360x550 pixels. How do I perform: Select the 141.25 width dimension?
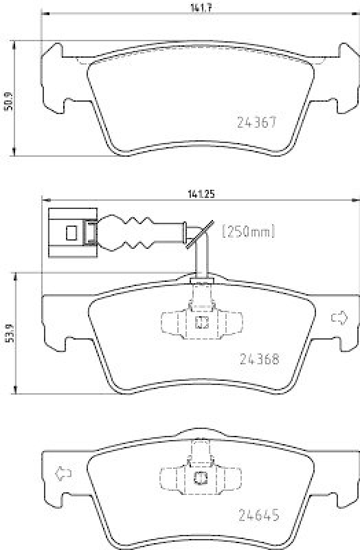pyautogui.click(x=201, y=194)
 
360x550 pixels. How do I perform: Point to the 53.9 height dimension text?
pyautogui.click(x=10, y=333)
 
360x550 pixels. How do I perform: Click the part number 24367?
pyautogui.click(x=257, y=122)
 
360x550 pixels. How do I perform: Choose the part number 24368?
pyautogui.click(x=260, y=359)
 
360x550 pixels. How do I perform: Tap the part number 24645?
pyautogui.click(x=259, y=515)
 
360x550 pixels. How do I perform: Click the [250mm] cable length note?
pyautogui.click(x=249, y=232)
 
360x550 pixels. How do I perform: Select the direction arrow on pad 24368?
pyautogui.click(x=339, y=318)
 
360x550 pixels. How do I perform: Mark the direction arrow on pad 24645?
pyautogui.click(x=63, y=473)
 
